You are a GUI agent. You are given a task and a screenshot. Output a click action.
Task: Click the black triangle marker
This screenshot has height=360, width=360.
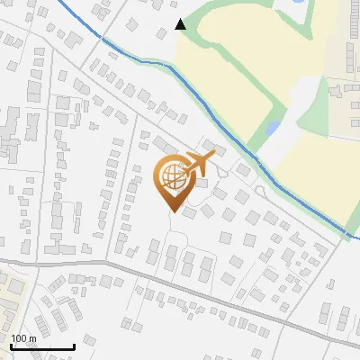180,24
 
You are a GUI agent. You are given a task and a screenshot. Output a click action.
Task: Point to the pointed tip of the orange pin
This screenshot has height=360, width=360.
171,210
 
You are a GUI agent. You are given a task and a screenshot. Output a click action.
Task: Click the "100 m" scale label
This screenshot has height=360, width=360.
23,338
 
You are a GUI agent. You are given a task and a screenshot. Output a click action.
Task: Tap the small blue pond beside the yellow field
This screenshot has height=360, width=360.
272,129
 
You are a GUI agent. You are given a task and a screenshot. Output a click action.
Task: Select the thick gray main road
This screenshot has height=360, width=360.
180,284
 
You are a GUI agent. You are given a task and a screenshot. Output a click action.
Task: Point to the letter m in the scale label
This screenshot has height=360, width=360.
32,338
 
